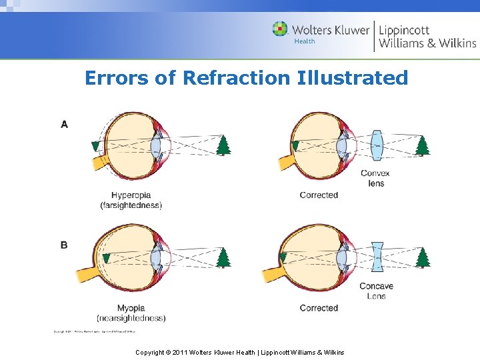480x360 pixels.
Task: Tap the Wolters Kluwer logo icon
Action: [280, 29]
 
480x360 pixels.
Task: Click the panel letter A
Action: [64, 124]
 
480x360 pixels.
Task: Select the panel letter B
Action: [64, 245]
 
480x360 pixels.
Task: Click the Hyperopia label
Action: [131, 195]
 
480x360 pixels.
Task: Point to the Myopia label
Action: [131, 308]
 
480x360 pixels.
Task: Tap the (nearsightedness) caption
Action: [131, 318]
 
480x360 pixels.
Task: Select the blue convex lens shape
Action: [377, 145]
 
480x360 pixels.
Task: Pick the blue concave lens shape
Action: [377, 257]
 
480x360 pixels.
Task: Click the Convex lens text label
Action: [375, 178]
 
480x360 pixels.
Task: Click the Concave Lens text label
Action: [376, 291]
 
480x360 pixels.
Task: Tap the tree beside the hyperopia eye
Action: [223, 145]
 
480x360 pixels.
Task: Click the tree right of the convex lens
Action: [421, 145]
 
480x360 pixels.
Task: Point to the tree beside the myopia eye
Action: [223, 257]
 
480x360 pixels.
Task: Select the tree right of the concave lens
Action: [421, 257]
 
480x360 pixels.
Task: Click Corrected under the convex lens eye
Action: [319, 195]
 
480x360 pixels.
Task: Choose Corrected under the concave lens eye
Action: [319, 308]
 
